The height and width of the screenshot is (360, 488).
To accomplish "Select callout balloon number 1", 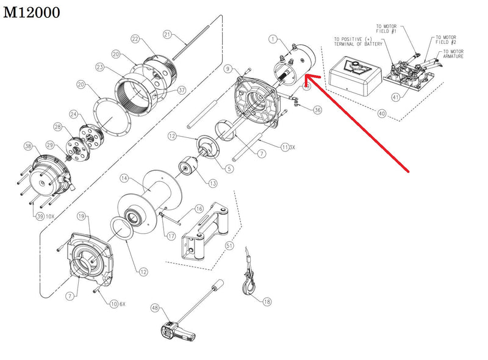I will tap(273, 40).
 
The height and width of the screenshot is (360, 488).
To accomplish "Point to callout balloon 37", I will tap(181, 91).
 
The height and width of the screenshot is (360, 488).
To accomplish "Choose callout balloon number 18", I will tap(267, 301).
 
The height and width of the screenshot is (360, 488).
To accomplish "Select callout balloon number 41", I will tap(396, 97).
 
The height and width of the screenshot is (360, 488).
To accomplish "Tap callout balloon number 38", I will tap(27, 146).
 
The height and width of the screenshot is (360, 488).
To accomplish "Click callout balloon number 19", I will tap(81, 217).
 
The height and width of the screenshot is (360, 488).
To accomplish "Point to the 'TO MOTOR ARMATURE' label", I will tap(452, 54).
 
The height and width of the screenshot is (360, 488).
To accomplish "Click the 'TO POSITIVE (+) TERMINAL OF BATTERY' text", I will tap(358, 42).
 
